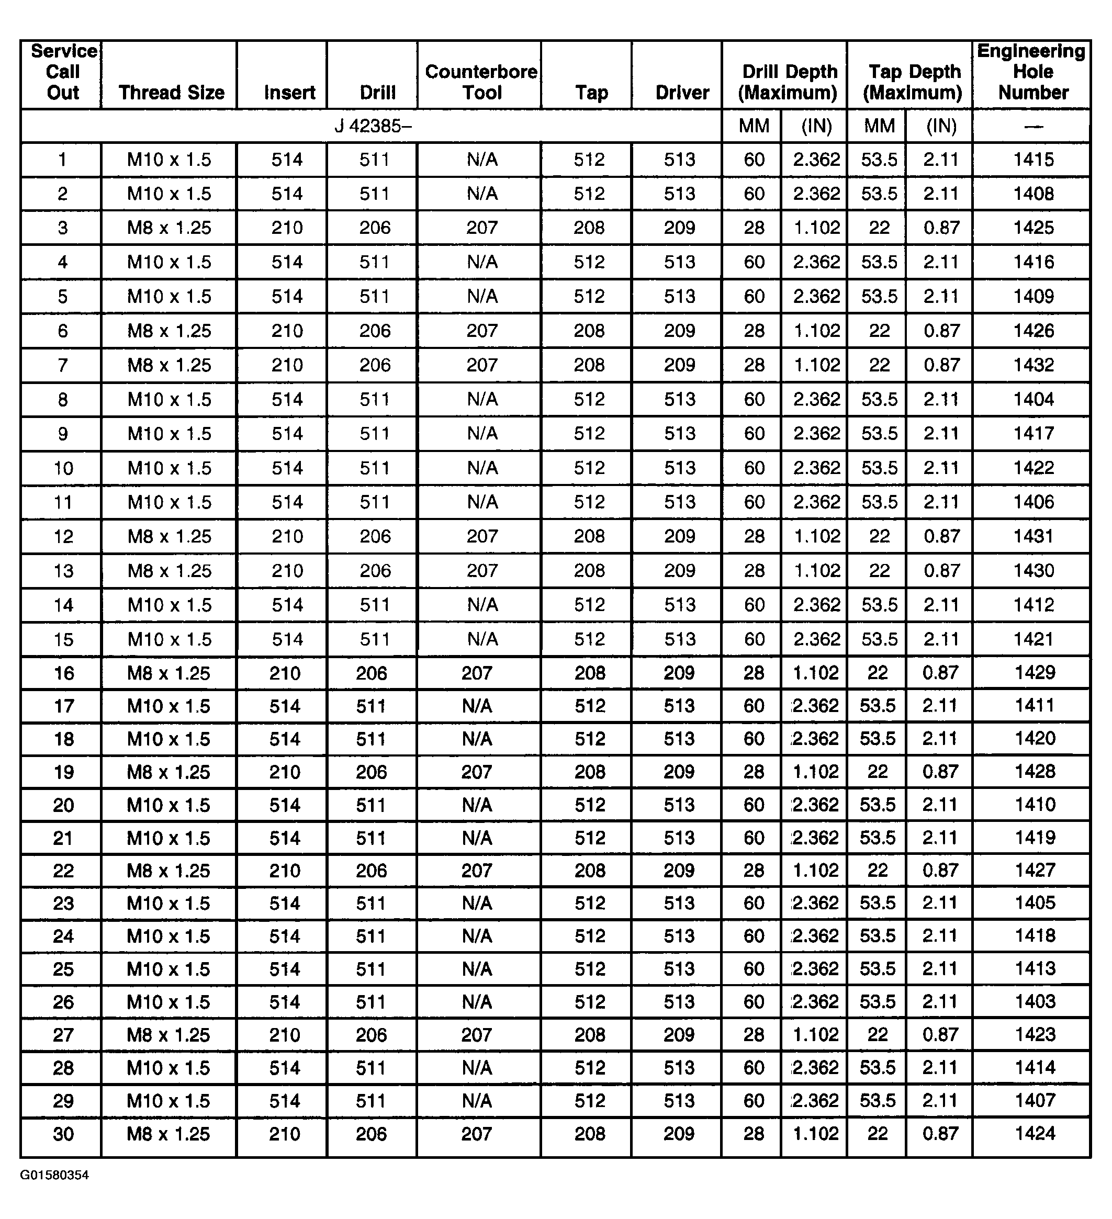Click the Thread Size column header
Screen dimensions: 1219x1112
171,93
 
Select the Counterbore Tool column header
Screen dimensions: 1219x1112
481,82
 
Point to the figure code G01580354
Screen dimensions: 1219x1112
54,1175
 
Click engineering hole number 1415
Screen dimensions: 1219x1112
1034,160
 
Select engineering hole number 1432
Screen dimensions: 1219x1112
1034,365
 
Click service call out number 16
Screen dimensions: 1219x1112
63,673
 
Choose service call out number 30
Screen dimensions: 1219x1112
63,1134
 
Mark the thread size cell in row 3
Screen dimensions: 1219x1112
170,228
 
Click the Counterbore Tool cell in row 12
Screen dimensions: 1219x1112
482,536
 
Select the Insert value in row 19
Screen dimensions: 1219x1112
285,772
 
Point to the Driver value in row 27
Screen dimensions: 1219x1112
678,1034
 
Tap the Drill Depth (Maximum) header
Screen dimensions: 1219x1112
789,82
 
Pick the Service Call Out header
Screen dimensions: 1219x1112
63,72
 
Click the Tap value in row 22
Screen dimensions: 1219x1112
590,871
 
